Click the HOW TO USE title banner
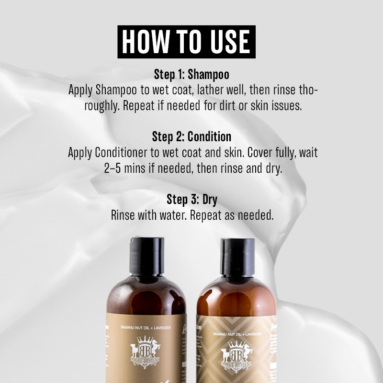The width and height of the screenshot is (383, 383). coord(187,42)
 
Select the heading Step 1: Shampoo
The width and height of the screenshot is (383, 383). coord(191,75)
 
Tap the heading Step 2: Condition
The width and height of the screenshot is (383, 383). coord(191,136)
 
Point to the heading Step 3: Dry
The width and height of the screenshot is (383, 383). coord(191,199)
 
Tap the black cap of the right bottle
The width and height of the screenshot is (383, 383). coord(238,254)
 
